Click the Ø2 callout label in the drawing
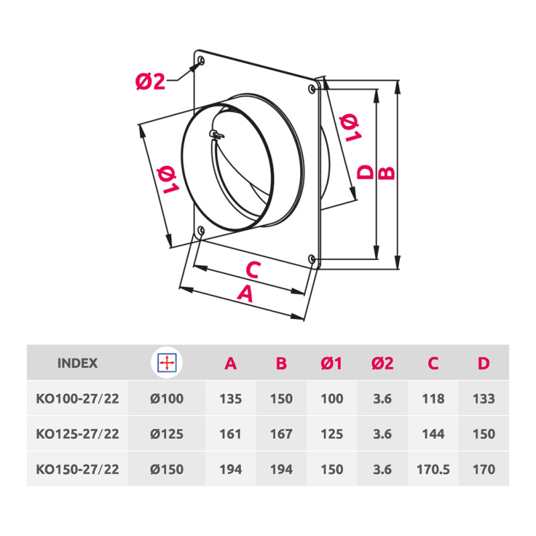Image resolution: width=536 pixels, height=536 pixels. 150,82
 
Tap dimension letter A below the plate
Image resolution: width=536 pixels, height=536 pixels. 246,293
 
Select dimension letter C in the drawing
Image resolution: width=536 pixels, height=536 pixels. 252,270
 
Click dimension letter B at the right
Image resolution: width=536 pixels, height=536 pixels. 387,172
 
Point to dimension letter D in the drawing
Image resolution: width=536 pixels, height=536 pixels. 365,172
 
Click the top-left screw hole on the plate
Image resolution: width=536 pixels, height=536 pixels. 201,62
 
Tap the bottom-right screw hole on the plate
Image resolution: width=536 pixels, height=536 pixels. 312,259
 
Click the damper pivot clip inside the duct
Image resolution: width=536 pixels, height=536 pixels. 216,135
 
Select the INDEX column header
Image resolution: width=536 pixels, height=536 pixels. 78,364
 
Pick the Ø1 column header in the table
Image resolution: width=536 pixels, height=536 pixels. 332,364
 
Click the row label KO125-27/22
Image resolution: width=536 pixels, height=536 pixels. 78,434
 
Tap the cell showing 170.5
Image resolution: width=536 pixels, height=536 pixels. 433,469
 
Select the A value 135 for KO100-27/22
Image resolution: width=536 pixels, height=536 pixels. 230,399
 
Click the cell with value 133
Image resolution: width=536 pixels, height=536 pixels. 483,399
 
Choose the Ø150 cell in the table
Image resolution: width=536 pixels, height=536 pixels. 166,469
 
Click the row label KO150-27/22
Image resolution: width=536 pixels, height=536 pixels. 78,469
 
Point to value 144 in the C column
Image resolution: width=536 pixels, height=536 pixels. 433,434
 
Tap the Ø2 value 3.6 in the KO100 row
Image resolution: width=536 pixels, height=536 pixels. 382,399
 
